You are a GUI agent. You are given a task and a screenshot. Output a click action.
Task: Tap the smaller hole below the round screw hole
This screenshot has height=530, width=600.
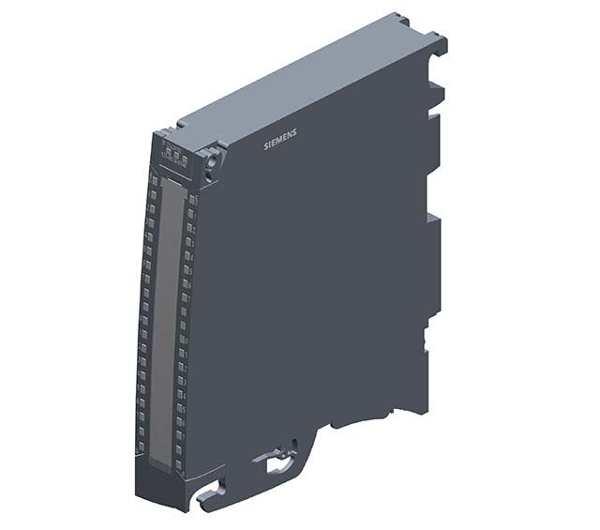pos(215,173)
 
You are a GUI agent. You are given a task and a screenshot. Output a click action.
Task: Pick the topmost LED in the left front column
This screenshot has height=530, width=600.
pos(152,177)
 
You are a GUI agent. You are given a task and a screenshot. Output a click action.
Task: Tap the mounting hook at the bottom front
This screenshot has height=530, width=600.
pos(212,493)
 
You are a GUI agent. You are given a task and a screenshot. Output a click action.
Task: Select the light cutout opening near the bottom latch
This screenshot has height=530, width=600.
pos(278,463)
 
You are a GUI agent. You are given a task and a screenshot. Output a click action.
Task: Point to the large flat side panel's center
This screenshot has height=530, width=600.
pos(309,281)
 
